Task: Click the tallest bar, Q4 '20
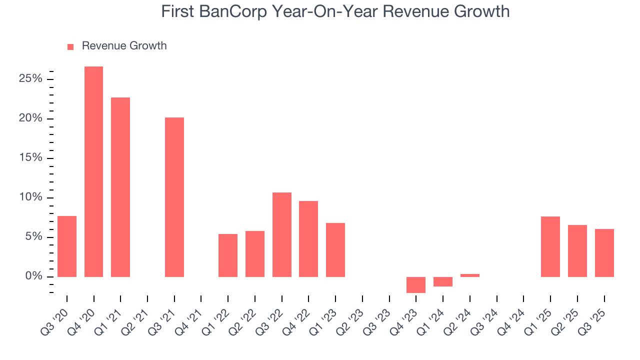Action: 93,171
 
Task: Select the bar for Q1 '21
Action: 120,187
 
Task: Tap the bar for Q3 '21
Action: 174,197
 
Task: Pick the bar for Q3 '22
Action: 282,234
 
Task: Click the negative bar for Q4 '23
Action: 416,284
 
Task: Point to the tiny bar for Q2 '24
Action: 470,275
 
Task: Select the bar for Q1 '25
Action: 550,246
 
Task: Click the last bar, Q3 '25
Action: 604,252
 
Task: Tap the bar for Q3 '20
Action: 67,246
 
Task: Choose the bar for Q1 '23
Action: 335,249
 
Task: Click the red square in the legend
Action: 70,46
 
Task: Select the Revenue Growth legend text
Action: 124,46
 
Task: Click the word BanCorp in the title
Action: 225,11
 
